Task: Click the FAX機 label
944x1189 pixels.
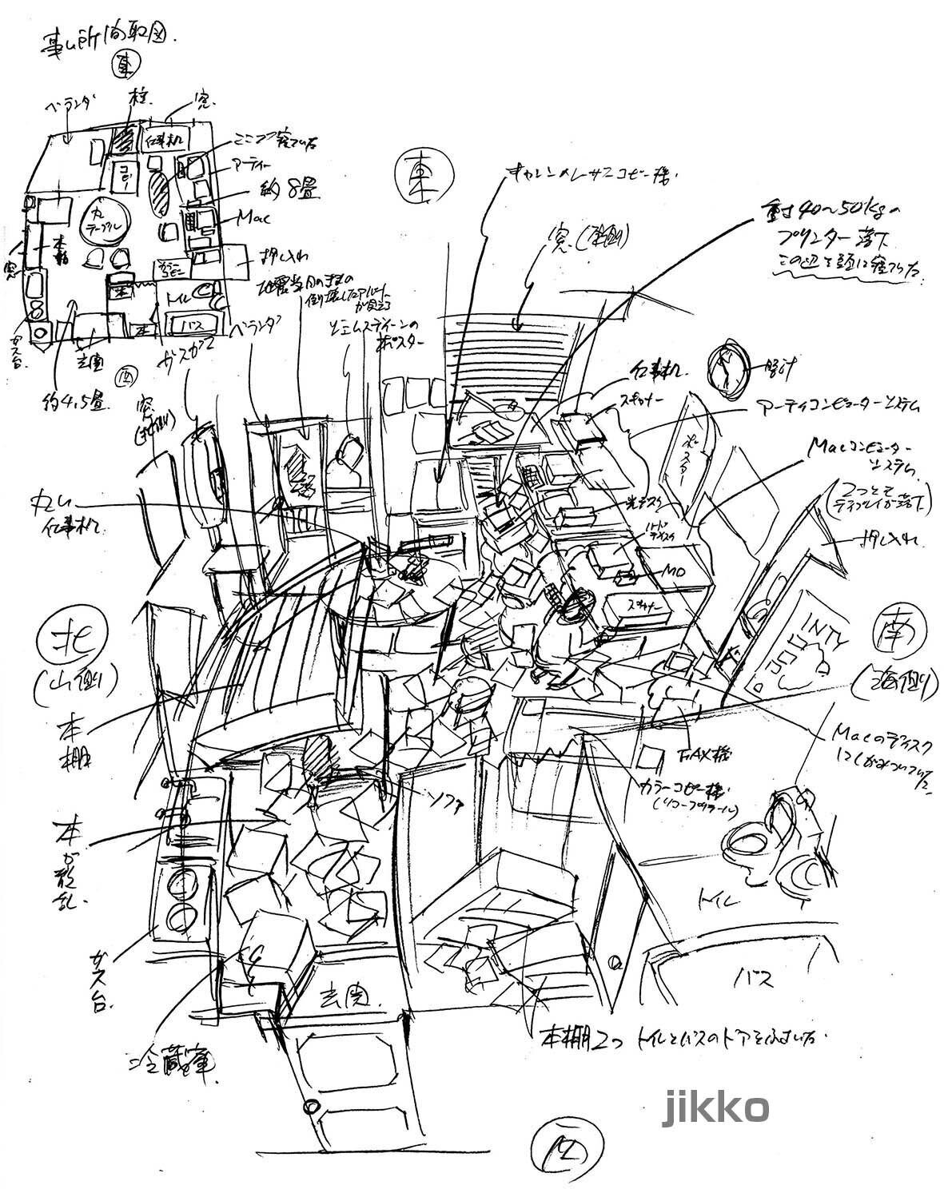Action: click(x=694, y=754)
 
